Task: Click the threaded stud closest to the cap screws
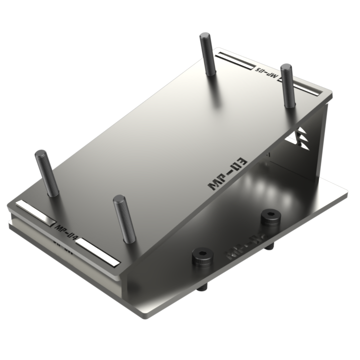pyautogui.click(x=124, y=219)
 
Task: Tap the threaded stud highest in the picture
pyautogui.click(x=208, y=53)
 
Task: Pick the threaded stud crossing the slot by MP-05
pyautogui.click(x=287, y=85)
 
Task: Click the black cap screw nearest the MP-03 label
pyautogui.click(x=270, y=216)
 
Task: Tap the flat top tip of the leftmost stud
pyautogui.click(x=40, y=153)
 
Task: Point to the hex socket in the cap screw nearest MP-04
pyautogui.click(x=203, y=254)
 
